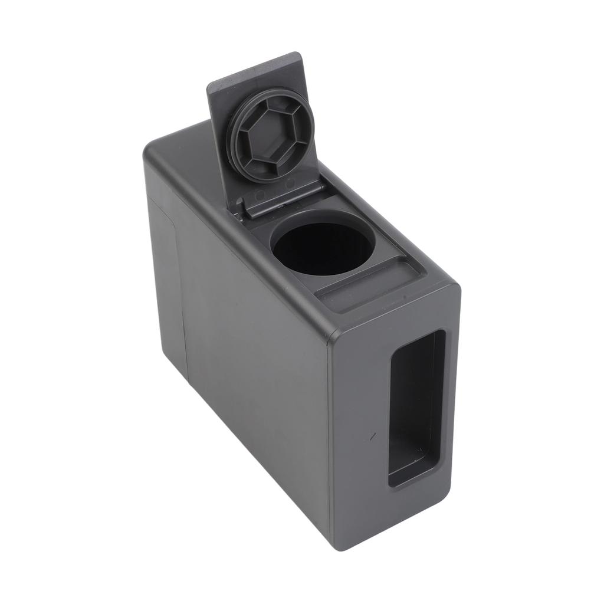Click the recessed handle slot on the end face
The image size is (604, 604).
416,407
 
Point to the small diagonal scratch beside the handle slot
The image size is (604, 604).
372,436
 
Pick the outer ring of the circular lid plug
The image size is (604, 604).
239,150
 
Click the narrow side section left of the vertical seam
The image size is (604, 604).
165,277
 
